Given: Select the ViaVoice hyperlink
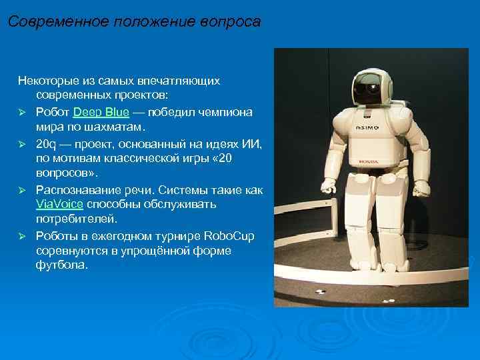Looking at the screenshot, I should tap(59, 204).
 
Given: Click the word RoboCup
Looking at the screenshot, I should tap(229, 235).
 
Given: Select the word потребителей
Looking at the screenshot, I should tap(75, 219).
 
